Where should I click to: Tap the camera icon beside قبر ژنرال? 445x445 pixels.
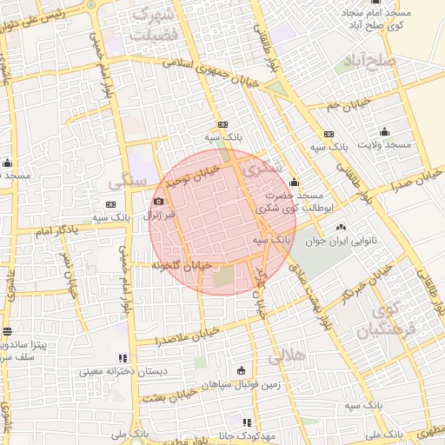coord(158,202)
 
